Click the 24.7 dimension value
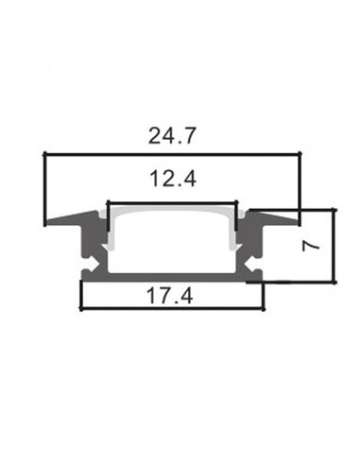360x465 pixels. [172, 137]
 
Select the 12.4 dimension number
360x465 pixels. [171, 178]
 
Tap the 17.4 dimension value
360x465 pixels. [172, 294]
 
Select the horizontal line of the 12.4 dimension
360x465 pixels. [171, 200]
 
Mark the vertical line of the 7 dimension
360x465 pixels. [335, 246]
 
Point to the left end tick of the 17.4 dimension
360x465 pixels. [81, 298]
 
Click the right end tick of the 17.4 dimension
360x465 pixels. [264, 298]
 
